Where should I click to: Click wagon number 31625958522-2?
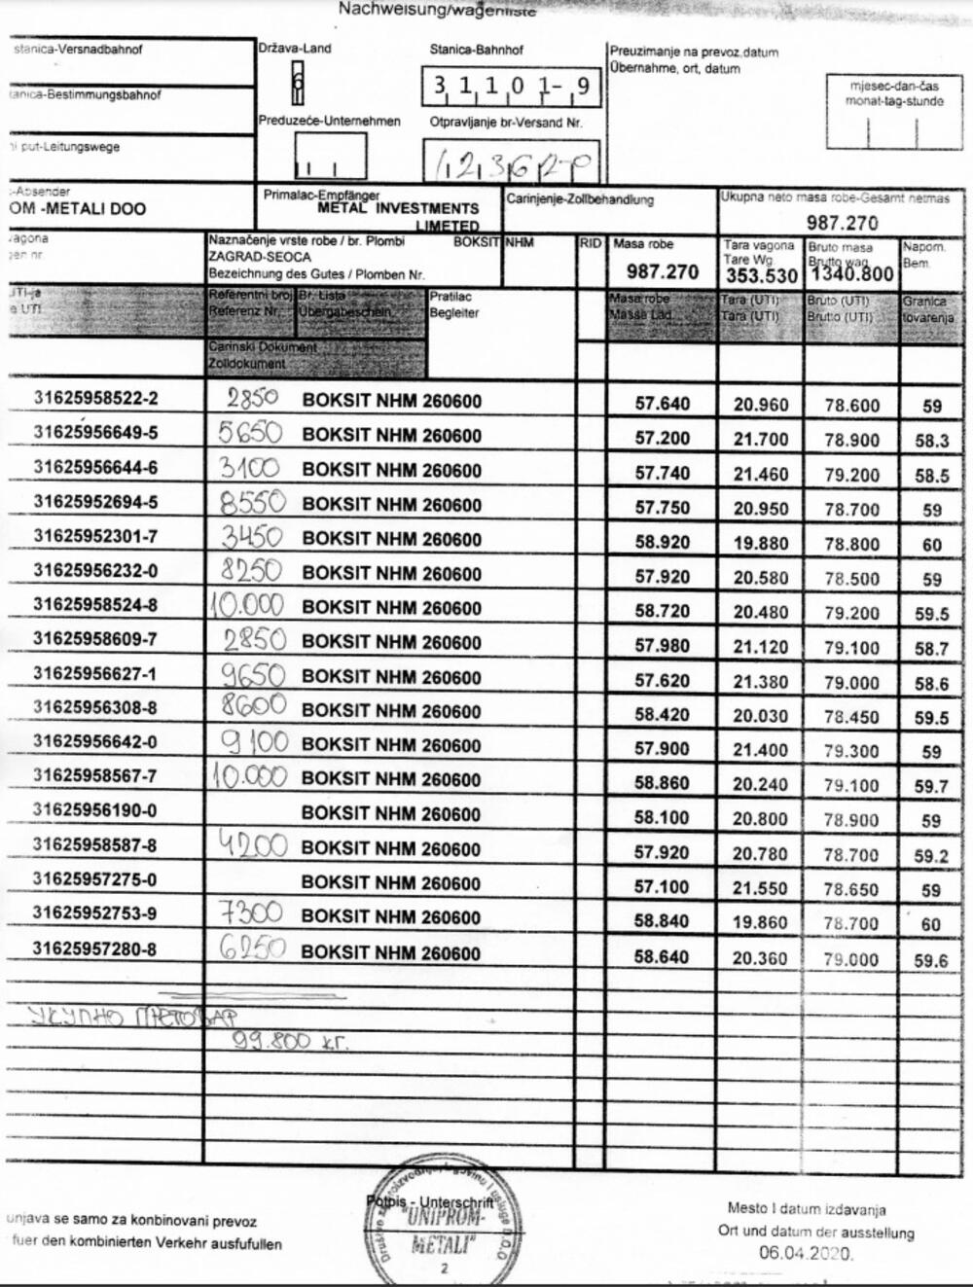95,398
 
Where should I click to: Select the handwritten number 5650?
250,433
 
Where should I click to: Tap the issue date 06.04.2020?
806,1253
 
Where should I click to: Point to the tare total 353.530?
761,275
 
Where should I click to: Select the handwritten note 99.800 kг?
289,1041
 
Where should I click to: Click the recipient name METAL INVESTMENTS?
398,208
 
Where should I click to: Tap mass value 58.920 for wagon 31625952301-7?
662,542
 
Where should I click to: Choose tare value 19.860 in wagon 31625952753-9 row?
760,923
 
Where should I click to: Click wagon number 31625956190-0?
95,810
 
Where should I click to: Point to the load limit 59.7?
931,786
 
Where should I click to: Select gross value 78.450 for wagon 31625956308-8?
851,717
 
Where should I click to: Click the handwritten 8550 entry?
252,502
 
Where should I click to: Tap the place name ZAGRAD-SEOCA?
260,257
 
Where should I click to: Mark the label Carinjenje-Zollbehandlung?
580,199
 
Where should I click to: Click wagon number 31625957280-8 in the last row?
95,948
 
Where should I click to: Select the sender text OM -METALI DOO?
78,209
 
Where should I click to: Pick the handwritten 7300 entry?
251,913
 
